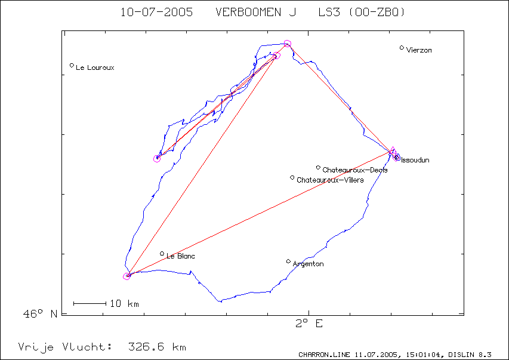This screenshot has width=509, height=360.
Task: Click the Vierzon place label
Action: [x=419, y=50]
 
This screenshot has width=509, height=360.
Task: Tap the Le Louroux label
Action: [x=95, y=67]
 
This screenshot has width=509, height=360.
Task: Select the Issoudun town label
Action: [x=415, y=160]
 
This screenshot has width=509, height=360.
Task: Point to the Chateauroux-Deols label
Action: [x=355, y=170]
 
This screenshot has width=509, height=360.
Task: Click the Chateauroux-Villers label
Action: [x=330, y=180]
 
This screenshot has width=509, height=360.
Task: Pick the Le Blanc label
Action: [x=180, y=256]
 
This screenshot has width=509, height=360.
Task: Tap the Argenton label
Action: [x=308, y=264]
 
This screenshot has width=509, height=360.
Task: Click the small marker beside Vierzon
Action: [x=402, y=48]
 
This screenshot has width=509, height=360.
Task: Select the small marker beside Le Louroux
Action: [x=72, y=65]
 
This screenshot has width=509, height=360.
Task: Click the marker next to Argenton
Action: [x=288, y=261]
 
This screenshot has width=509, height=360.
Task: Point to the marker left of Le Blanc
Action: [x=162, y=253]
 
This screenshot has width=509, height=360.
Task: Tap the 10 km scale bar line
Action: [x=90, y=303]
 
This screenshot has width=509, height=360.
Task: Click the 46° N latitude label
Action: [x=40, y=313]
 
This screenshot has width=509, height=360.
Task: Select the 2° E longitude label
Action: [x=309, y=324]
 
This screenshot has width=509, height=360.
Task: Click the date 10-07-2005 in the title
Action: [x=156, y=13]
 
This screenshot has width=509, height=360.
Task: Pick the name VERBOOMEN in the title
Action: [x=248, y=13]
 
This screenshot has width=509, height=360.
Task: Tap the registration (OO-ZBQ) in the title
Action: [x=377, y=13]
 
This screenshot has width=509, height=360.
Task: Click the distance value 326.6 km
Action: [x=157, y=347]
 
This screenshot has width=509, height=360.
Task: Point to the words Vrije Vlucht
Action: [x=65, y=347]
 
